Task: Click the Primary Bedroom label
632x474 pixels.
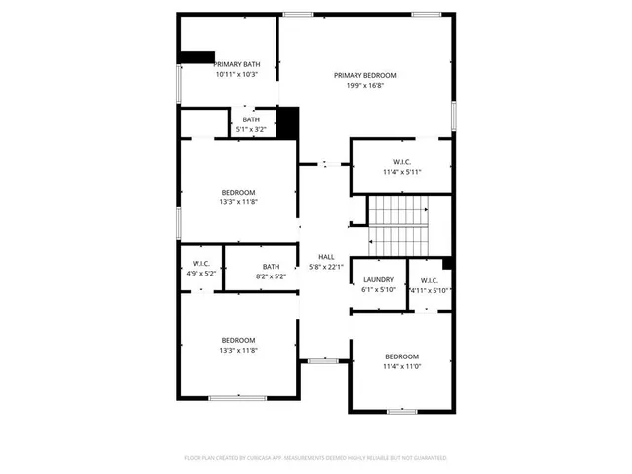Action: point(364,75)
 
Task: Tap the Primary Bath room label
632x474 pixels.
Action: point(237,64)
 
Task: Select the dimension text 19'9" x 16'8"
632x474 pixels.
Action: point(364,86)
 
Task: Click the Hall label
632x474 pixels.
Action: point(326,257)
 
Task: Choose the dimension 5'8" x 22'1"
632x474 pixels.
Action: point(326,267)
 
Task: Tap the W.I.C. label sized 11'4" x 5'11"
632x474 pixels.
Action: point(402,162)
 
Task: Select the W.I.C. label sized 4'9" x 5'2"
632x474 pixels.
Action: point(200,264)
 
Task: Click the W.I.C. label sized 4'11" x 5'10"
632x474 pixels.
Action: point(430,279)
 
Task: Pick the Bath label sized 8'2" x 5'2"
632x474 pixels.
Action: point(271,266)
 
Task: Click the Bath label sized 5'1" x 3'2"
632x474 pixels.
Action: point(252,119)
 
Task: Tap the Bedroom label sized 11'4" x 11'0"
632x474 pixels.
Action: point(402,356)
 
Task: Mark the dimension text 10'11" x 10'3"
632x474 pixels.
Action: point(237,75)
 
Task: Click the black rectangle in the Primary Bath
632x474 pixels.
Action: point(197,56)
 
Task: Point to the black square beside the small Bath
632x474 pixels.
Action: point(287,122)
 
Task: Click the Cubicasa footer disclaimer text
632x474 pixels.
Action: point(316,458)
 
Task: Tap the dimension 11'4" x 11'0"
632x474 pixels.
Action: point(402,367)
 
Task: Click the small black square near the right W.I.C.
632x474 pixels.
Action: point(447,263)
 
